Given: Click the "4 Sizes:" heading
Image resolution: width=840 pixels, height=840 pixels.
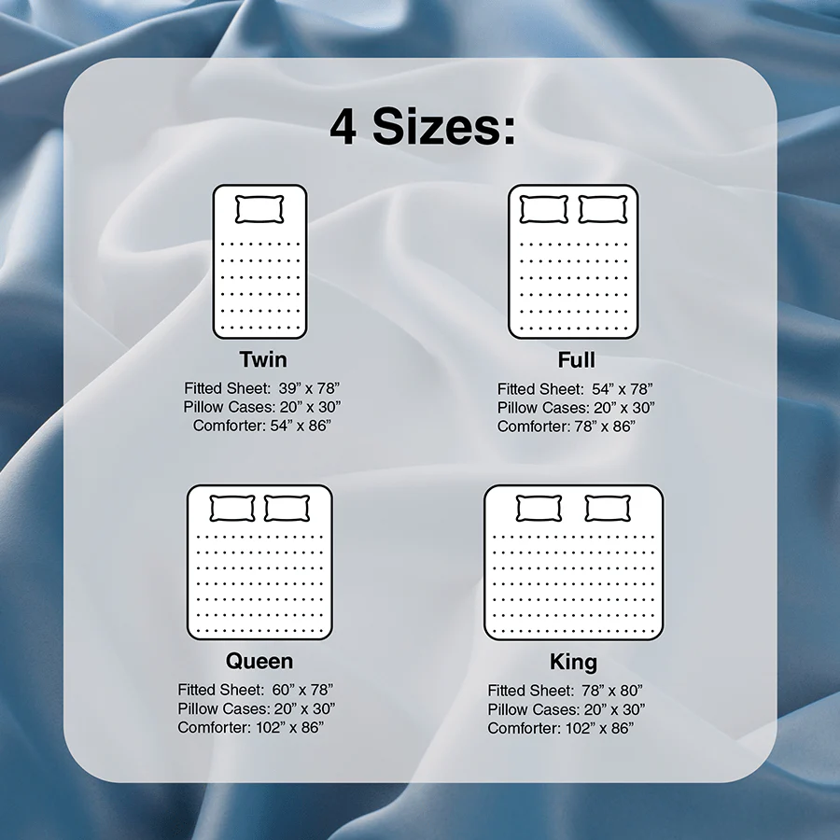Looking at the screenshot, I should [x=422, y=128].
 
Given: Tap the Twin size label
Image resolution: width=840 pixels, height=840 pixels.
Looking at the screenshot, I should [x=262, y=359].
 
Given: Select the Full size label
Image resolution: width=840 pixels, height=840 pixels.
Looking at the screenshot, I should [x=576, y=359].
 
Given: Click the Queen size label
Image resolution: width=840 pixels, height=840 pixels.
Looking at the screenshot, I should [x=259, y=661].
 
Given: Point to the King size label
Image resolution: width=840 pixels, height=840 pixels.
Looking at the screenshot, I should [x=573, y=662].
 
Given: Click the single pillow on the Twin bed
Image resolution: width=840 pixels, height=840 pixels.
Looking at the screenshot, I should [x=259, y=209].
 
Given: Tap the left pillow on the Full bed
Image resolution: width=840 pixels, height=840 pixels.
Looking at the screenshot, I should [x=543, y=209].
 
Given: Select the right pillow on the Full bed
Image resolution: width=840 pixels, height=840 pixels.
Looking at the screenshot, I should [x=602, y=209].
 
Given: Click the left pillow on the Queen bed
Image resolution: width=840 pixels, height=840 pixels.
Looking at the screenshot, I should [x=231, y=509].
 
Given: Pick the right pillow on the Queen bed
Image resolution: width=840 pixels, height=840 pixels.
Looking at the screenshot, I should [x=287, y=509].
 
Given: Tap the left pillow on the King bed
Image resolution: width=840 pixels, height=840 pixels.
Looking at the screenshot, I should [x=539, y=509].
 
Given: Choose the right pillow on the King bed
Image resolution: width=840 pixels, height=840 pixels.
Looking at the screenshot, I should [x=608, y=509].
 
